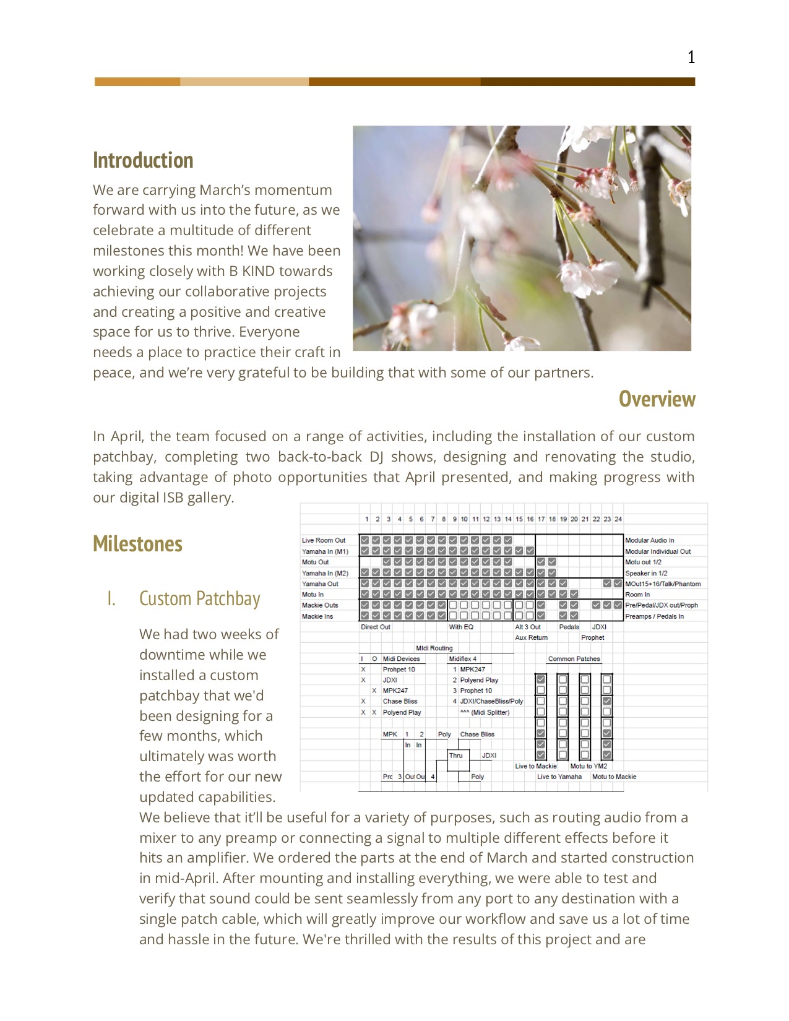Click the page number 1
[x=691, y=58]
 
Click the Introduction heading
[x=143, y=160]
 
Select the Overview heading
[x=657, y=399]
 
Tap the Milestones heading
[x=137, y=544]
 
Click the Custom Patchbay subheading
[x=199, y=599]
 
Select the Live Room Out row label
[x=323, y=540]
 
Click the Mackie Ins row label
[x=317, y=616]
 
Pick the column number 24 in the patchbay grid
[x=618, y=519]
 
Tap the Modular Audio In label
[x=649, y=540]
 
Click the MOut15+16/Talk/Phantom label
[x=663, y=584]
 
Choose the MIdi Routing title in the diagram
[x=434, y=648]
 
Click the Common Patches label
[x=574, y=659]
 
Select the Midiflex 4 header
[x=462, y=659]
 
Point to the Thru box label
[x=455, y=756]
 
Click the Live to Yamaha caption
[x=559, y=777]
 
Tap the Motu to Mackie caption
[x=614, y=777]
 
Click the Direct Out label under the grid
[x=376, y=627]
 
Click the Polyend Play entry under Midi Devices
[x=402, y=712]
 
